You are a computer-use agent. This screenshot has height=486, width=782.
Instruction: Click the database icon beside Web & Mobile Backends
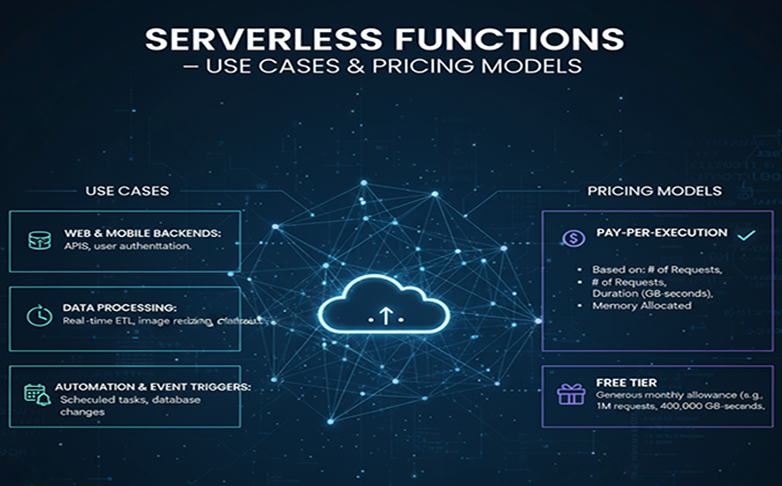(x=38, y=240)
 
